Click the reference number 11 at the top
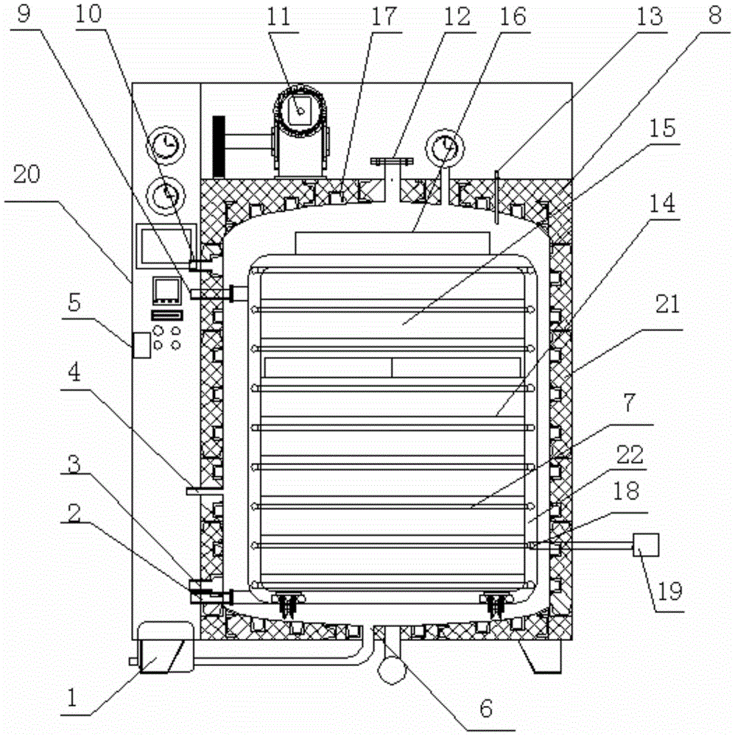pos(279,18)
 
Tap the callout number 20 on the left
pos(27,174)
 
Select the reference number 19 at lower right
pos(669,592)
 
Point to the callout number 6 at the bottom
pos(486,708)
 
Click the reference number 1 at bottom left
pos(71,698)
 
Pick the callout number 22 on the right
pos(630,455)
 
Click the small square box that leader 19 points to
pos(646,545)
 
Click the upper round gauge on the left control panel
pos(165,144)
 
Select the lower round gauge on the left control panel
pos(165,196)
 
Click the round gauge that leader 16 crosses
pos(446,147)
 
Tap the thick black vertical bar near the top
pos(219,146)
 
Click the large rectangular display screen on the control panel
pos(166,246)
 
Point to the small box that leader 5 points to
pos(141,345)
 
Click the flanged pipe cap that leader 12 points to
pos(392,161)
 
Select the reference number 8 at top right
pos(714,16)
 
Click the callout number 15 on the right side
pos(662,127)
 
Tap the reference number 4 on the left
pos(74,373)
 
